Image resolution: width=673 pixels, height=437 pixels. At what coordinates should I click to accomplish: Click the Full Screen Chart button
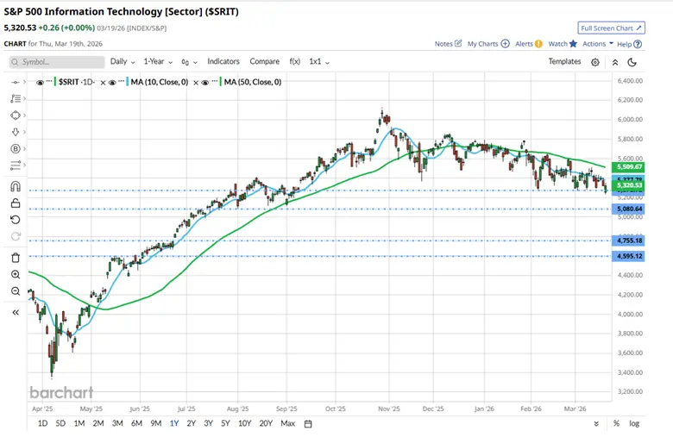(x=612, y=28)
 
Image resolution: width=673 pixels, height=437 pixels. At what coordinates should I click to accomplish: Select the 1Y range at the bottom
(x=174, y=423)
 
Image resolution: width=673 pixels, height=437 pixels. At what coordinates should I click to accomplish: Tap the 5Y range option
(x=225, y=423)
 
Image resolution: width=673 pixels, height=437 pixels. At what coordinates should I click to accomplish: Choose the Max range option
(x=288, y=423)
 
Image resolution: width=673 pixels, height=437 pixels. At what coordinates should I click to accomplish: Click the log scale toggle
(x=635, y=423)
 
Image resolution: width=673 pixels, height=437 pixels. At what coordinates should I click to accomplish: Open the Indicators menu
(x=223, y=61)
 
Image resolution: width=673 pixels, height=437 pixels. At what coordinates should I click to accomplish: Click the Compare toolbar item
(x=265, y=61)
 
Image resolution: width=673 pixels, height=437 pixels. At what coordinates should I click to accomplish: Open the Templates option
(x=565, y=61)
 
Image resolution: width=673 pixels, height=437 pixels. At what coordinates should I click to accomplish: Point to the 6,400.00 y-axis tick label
(x=627, y=82)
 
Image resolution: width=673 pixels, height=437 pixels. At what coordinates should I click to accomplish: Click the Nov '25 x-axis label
(x=389, y=409)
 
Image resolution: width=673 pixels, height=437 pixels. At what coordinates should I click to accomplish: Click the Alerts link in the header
(x=527, y=43)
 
